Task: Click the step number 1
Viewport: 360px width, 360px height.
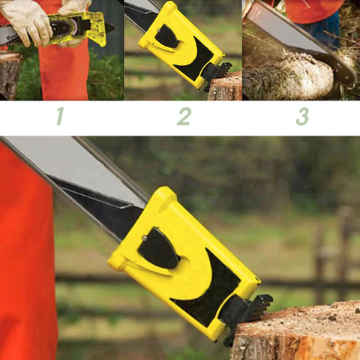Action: [x=60, y=116]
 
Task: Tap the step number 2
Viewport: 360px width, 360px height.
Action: [x=184, y=116]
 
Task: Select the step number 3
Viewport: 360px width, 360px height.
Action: [x=302, y=116]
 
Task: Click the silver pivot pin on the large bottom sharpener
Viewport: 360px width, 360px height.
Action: [x=145, y=238]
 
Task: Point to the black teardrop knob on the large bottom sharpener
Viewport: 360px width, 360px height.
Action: [x=158, y=248]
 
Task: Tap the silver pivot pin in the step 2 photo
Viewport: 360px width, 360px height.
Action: [x=159, y=30]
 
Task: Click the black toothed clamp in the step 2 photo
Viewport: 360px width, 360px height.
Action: [x=217, y=74]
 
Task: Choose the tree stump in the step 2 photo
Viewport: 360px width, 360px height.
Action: [x=224, y=86]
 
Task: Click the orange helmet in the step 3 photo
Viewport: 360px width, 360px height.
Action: [x=313, y=10]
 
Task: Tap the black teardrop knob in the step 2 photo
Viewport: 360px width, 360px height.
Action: [x=166, y=37]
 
